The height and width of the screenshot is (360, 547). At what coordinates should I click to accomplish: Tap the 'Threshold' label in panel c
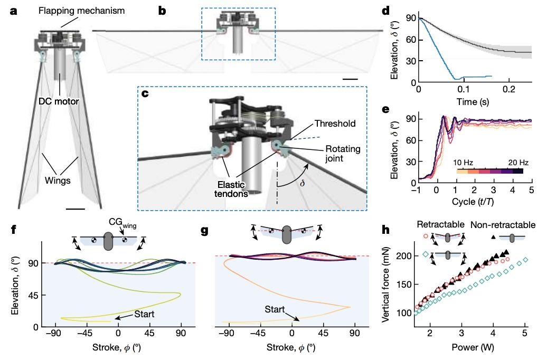pyautogui.click(x=334, y=124)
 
